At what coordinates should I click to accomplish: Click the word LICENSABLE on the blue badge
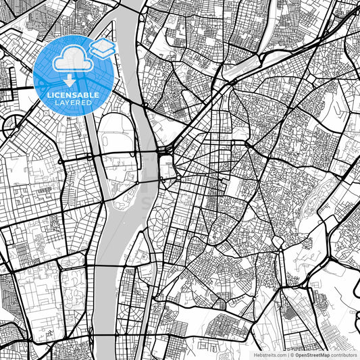pyautogui.click(x=72, y=95)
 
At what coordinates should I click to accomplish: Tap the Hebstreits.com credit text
pyautogui.click(x=269, y=354)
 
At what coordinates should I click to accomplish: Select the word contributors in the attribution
pyautogui.click(x=344, y=354)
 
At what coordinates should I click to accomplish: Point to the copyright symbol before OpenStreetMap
pyautogui.click(x=292, y=354)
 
